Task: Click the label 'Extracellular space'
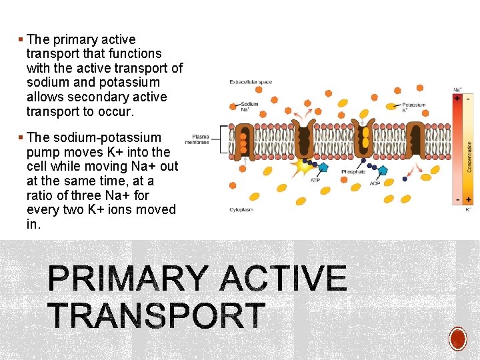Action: tap(251, 82)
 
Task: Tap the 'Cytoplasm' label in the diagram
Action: tap(241, 209)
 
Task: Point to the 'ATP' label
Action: tap(315, 179)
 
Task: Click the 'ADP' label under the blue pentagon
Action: tap(375, 183)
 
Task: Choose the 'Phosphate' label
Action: tap(353, 172)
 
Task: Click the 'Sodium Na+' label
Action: tap(249, 106)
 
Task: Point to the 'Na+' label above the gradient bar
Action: tap(457, 89)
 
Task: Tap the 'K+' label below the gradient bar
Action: tap(467, 209)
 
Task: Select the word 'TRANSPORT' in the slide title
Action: tap(157, 315)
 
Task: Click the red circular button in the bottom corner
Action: tap(457, 339)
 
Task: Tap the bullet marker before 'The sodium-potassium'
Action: tap(21, 138)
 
